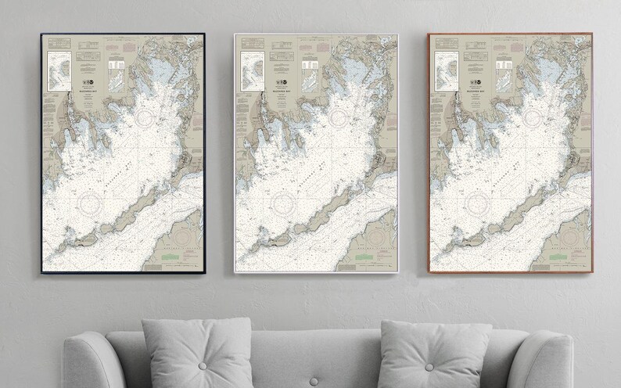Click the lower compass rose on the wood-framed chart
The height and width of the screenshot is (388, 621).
point(481,204)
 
